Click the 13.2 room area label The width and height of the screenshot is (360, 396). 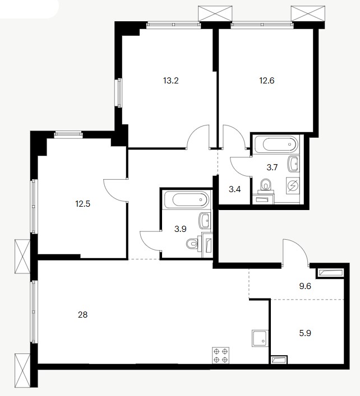point(171,81)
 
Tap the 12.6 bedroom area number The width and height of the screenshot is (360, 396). point(267,81)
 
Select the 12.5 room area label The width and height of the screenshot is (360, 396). point(82,203)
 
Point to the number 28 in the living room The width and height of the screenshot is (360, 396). point(82,315)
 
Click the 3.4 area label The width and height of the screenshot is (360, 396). point(235,189)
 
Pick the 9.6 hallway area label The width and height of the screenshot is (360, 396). point(305,286)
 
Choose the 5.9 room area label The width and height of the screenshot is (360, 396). point(305,333)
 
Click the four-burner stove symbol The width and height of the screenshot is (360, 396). point(221,356)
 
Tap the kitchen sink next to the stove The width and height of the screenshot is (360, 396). point(260,338)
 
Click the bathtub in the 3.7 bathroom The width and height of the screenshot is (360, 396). point(277,145)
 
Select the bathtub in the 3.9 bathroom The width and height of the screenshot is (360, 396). point(187,200)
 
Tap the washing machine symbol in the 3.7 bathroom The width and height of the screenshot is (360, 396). point(293,185)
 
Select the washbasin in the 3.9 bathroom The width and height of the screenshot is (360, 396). point(205,221)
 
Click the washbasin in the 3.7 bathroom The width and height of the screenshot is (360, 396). point(293,164)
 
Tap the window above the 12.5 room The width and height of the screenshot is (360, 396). point(68,134)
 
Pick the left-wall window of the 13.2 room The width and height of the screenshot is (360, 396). point(118,92)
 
